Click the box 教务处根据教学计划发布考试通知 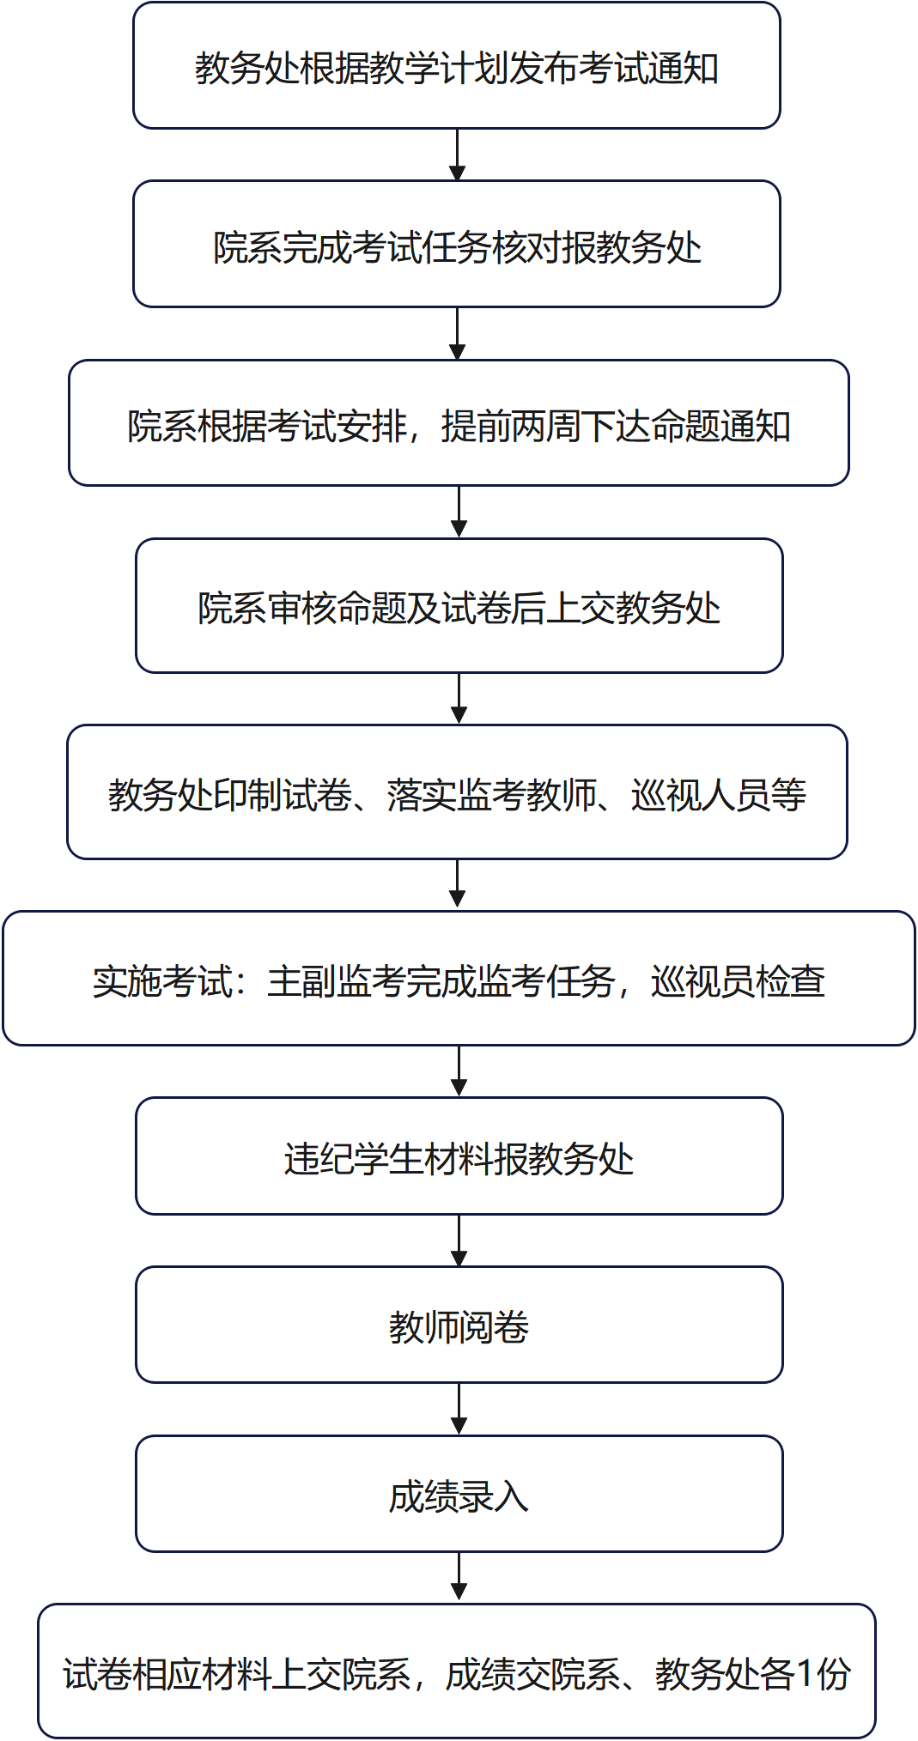pyautogui.click(x=456, y=67)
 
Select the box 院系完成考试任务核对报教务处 pyautogui.click(x=456, y=246)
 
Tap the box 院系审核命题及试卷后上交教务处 pyautogui.click(x=459, y=606)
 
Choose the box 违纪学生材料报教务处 pyautogui.click(x=459, y=1156)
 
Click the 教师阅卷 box pyautogui.click(x=459, y=1325)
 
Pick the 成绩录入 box pyautogui.click(x=459, y=1494)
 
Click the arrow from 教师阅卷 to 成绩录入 pyautogui.click(x=459, y=1409)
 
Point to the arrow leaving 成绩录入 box pyautogui.click(x=459, y=1577)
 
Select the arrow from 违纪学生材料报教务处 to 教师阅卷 pyautogui.click(x=459, y=1240)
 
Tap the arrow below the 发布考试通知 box pyautogui.click(x=457, y=155)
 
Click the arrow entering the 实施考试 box pyautogui.click(x=458, y=884)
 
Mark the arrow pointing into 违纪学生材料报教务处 pyautogui.click(x=459, y=1071)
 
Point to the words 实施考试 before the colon pyautogui.click(x=162, y=980)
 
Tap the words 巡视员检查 pyautogui.click(x=738, y=980)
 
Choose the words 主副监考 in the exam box pyautogui.click(x=336, y=980)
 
